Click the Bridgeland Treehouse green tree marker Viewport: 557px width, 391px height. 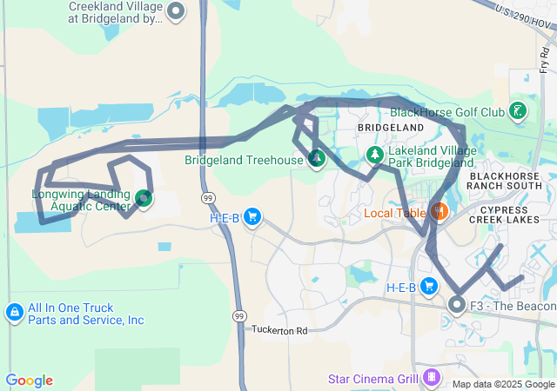317,159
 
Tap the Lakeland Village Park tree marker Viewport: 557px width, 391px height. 374,156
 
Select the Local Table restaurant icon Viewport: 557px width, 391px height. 439,212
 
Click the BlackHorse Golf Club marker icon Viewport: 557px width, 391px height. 518,110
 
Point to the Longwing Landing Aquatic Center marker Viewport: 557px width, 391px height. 144,199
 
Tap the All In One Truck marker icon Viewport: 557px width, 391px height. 14,312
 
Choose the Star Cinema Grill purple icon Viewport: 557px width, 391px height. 431,378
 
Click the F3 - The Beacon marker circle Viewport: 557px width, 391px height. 457,305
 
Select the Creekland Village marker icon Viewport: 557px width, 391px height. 177,11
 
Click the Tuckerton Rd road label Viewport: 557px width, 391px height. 280,330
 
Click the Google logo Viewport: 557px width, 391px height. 29,381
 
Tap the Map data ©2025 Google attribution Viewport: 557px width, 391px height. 503,384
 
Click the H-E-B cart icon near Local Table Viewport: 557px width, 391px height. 428,286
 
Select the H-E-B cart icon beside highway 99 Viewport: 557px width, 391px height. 252,216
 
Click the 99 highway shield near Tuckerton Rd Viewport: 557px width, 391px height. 239,314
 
